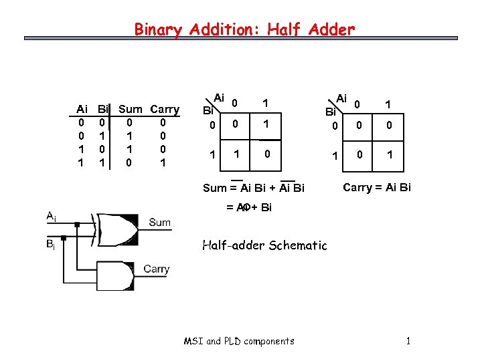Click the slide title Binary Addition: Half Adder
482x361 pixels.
244,29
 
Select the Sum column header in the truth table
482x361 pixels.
130,109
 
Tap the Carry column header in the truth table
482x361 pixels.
165,109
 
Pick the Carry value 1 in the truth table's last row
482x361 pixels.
163,162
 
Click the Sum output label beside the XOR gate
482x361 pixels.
160,223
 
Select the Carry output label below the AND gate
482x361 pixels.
156,269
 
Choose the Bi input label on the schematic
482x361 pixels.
51,245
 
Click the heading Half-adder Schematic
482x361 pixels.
265,245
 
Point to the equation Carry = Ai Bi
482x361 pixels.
377,187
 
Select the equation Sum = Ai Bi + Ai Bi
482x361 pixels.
254,188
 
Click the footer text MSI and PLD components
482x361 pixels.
239,341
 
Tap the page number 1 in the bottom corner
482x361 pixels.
408,341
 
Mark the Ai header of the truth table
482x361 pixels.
82,109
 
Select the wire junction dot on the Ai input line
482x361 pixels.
78,224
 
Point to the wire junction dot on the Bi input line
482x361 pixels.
64,237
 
